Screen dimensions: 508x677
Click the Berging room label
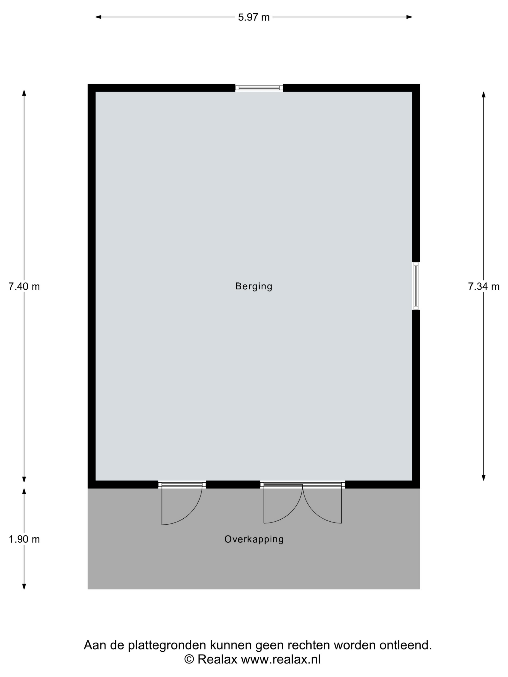pyautogui.click(x=254, y=287)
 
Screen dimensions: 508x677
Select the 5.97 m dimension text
pyautogui.click(x=254, y=17)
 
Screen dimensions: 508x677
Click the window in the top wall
pyautogui.click(x=259, y=88)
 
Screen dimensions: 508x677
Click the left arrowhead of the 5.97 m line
pyautogui.click(x=98, y=17)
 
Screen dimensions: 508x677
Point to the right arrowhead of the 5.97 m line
pyautogui.click(x=409, y=17)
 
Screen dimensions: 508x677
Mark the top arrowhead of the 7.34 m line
pyautogui.click(x=484, y=95)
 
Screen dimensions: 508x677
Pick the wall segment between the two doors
pyautogui.click(x=233, y=484)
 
